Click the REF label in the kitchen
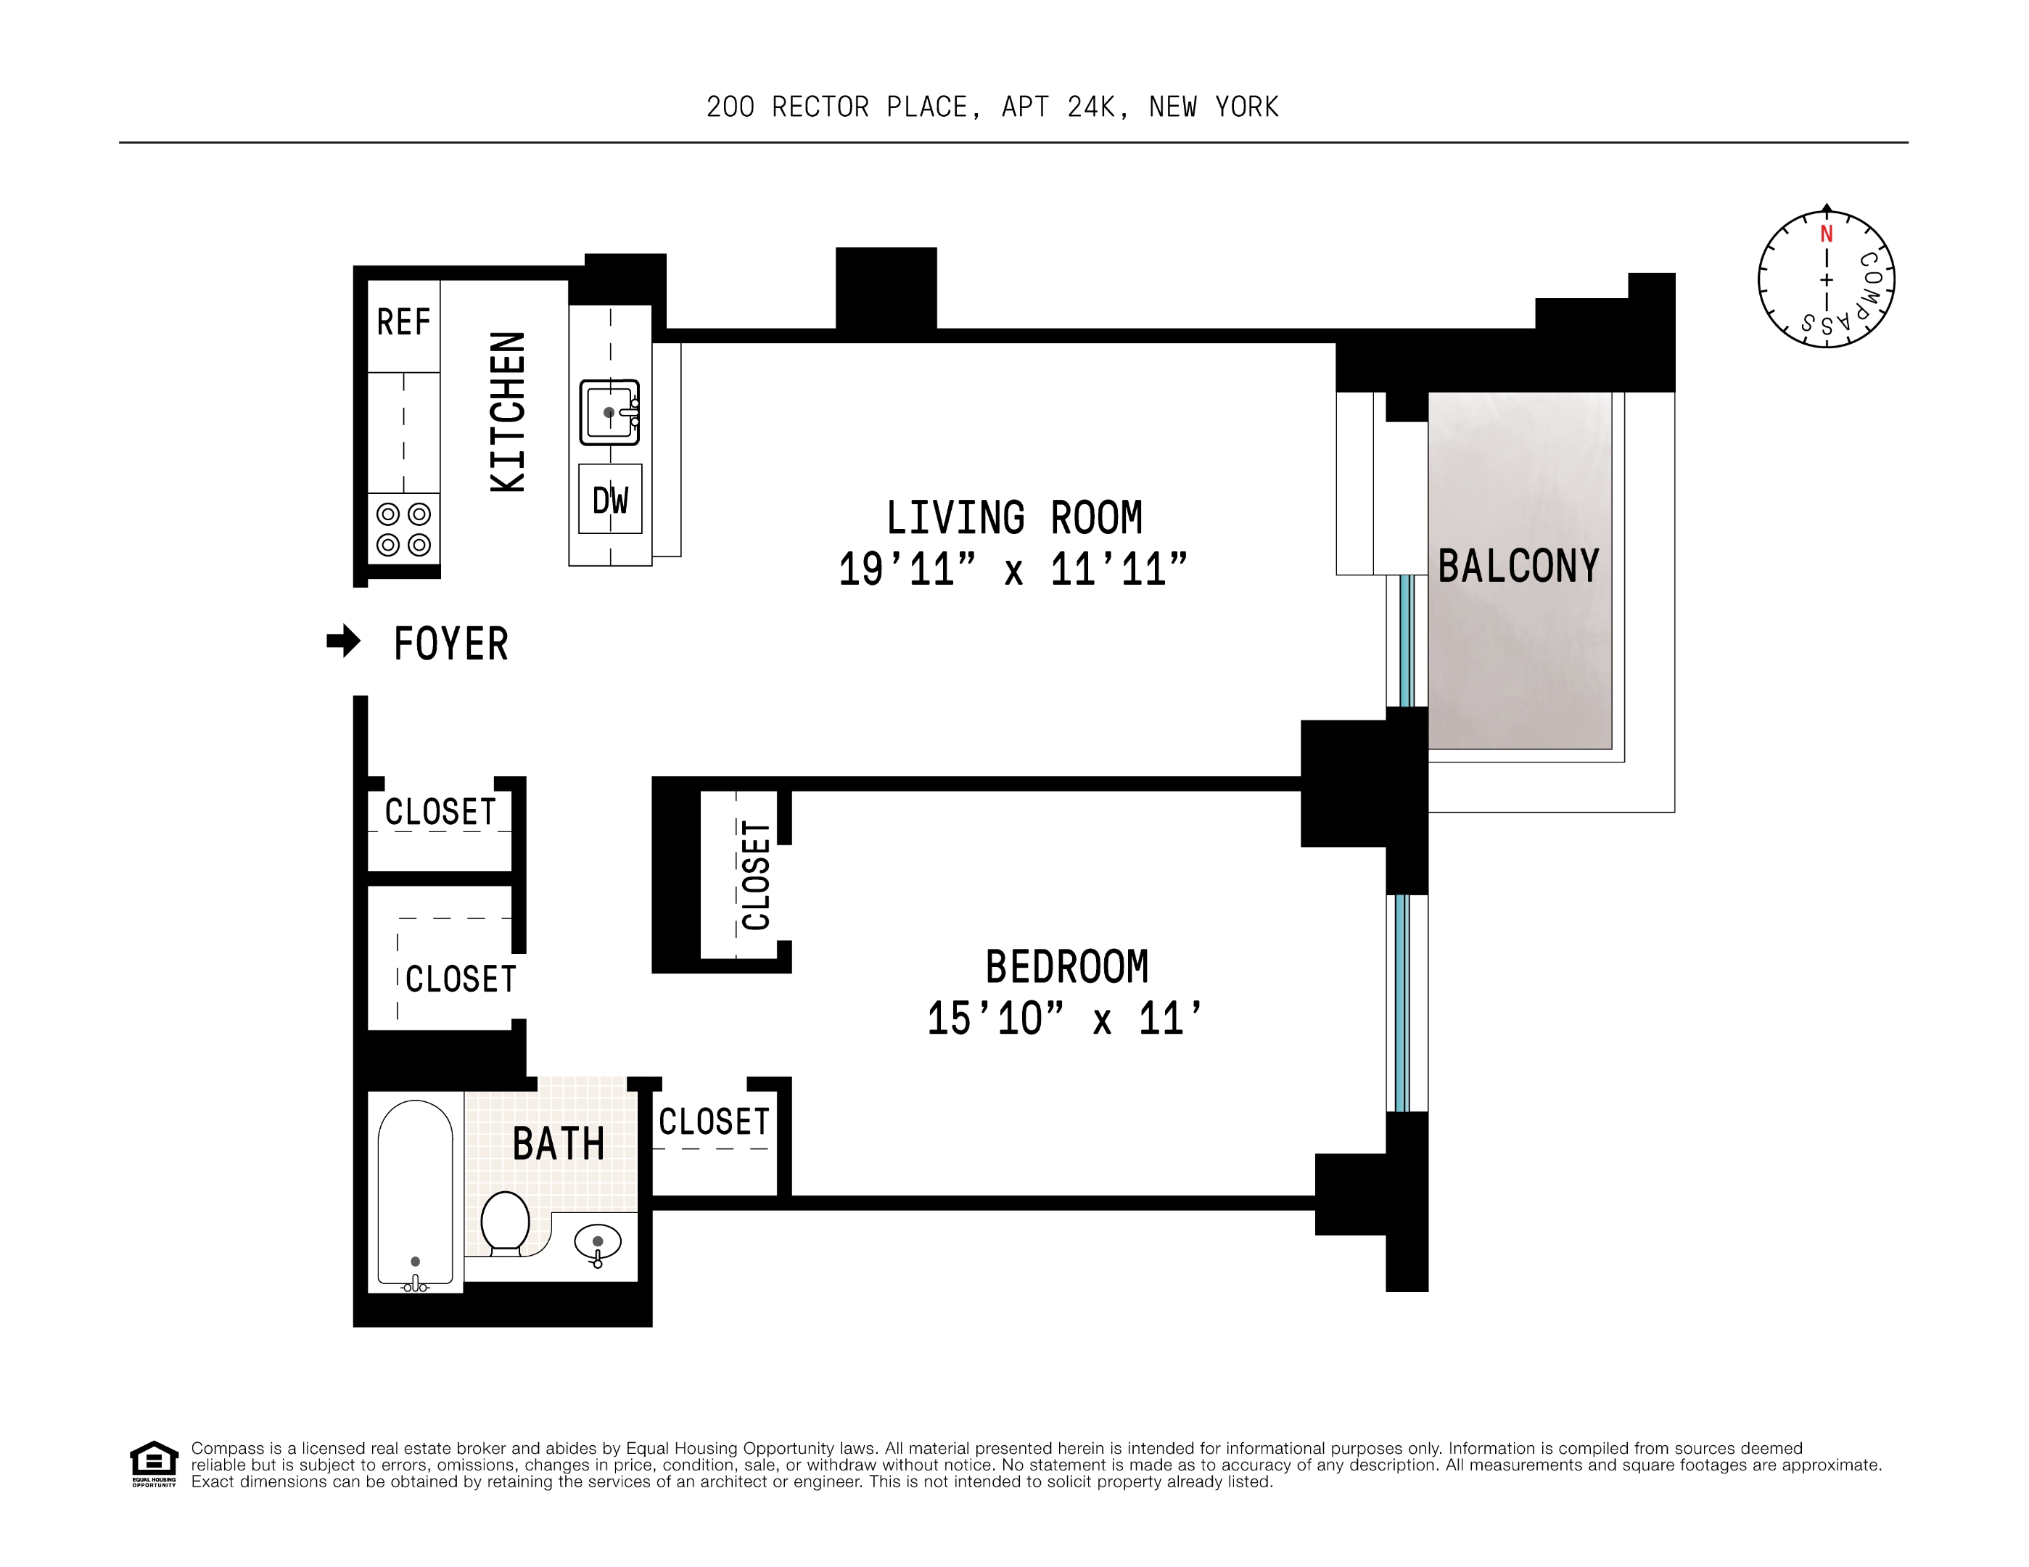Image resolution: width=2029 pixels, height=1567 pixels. (x=403, y=322)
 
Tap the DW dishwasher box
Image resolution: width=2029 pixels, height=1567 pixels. (x=609, y=500)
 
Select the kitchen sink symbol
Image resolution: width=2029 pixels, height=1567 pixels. (x=609, y=411)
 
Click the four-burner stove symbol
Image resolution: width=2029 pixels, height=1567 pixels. (x=403, y=529)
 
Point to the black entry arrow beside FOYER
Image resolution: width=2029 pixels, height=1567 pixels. (x=344, y=641)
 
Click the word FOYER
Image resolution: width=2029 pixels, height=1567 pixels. (x=450, y=643)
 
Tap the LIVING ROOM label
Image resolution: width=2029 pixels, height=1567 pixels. (x=1013, y=518)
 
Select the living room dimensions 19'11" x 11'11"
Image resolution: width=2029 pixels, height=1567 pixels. (x=1013, y=569)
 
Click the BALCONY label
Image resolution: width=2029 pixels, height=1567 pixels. (x=1518, y=566)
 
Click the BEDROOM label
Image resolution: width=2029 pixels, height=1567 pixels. (x=1066, y=967)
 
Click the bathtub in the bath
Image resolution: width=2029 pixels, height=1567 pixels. (x=415, y=1193)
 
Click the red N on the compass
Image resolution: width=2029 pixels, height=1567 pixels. (x=1826, y=234)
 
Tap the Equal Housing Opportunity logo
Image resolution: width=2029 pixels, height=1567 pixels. (x=153, y=1463)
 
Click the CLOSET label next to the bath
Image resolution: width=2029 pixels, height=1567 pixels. (x=714, y=1122)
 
